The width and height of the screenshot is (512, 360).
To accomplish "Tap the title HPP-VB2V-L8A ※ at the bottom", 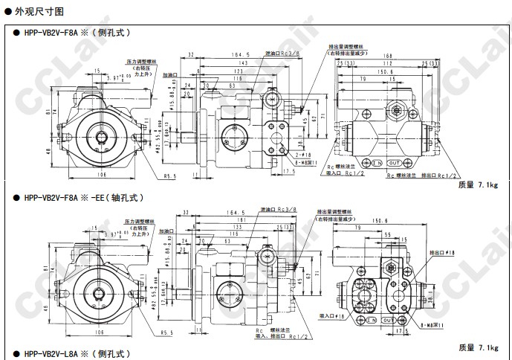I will [x=75, y=354].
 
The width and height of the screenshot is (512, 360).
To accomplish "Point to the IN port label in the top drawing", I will [x=377, y=162].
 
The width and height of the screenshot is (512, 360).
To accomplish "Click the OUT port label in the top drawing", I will [x=395, y=162].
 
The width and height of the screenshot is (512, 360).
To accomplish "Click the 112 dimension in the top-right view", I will [x=387, y=64].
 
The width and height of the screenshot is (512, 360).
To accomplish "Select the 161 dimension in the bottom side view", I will [x=240, y=220].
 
